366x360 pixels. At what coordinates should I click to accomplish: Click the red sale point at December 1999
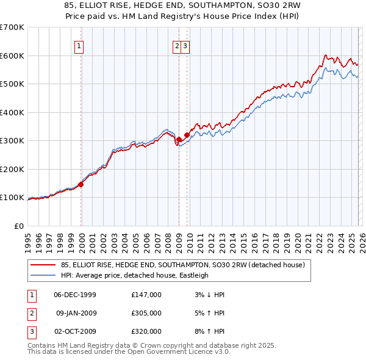tap(81, 184)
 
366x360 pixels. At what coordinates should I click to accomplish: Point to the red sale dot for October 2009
tap(187, 135)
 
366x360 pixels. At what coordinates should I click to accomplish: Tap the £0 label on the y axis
tap(19, 226)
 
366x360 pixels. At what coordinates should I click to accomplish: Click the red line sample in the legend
tap(44, 265)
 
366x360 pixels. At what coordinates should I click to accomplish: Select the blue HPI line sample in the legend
tap(44, 275)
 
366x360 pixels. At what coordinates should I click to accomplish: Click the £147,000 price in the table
tap(146, 295)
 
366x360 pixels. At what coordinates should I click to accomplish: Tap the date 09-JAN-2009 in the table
tap(77, 313)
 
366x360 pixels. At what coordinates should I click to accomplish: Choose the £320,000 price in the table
tap(146, 331)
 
